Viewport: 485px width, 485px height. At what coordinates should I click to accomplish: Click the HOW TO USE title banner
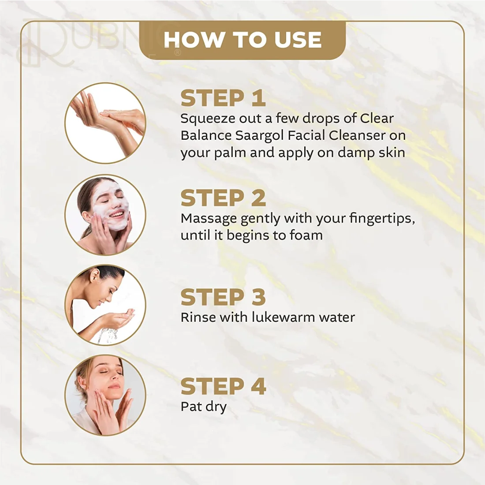coord(242,40)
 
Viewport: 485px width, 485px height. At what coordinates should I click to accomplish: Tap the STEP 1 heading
coord(223,98)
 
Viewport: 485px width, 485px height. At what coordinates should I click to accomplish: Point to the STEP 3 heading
coord(223,297)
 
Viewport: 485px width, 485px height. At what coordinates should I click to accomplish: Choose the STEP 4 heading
coord(224,386)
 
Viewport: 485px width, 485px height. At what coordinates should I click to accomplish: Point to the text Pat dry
coord(204,407)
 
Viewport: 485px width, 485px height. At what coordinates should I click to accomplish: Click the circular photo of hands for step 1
coord(105,123)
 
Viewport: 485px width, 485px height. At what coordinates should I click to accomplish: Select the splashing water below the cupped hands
coord(107,336)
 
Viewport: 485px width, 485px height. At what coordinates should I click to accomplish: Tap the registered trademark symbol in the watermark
coord(178,52)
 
